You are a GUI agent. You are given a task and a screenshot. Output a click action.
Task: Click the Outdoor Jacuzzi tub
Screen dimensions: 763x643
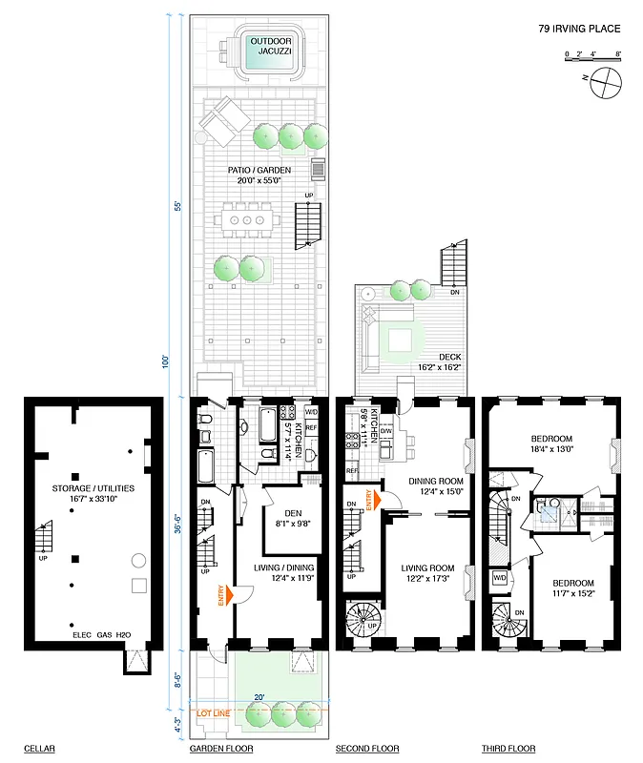click(x=272, y=54)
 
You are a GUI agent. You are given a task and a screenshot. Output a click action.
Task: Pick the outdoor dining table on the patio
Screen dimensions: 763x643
click(x=248, y=220)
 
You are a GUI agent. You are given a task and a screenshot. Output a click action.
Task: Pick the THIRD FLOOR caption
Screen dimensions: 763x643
click(x=508, y=749)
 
